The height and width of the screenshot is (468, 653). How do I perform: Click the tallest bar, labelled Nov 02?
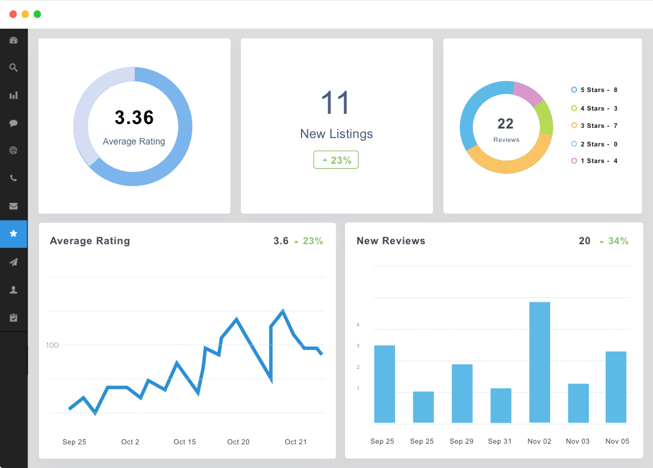[x=539, y=362]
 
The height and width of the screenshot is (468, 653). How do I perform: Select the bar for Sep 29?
[x=462, y=393]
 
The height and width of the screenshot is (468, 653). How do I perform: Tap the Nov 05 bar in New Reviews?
[x=615, y=387]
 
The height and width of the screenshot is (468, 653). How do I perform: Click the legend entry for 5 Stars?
[x=594, y=90]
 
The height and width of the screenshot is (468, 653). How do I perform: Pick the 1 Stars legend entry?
[x=594, y=161]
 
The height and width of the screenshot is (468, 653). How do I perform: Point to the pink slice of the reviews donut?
[x=528, y=92]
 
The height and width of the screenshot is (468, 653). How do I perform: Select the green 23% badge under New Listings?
[x=336, y=160]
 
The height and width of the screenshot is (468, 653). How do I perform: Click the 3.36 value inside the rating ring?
[x=134, y=118]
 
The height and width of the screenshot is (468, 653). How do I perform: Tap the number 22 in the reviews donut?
[x=505, y=124]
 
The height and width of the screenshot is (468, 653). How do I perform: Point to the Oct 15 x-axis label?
[x=185, y=442]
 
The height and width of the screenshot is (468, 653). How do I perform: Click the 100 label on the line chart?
[x=52, y=345]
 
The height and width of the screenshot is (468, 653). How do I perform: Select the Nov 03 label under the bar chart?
[x=578, y=441]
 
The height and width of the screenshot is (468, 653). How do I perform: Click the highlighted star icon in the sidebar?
[x=14, y=233]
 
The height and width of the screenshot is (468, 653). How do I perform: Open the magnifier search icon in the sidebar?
[x=14, y=68]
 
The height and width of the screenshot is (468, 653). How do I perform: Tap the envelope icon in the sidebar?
[x=14, y=206]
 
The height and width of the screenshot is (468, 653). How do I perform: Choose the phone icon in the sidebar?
[x=14, y=178]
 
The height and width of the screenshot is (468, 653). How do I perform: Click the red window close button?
[x=13, y=14]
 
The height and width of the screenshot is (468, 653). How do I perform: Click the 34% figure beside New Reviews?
[x=618, y=241]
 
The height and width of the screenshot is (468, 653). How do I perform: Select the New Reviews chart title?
[x=390, y=241]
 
